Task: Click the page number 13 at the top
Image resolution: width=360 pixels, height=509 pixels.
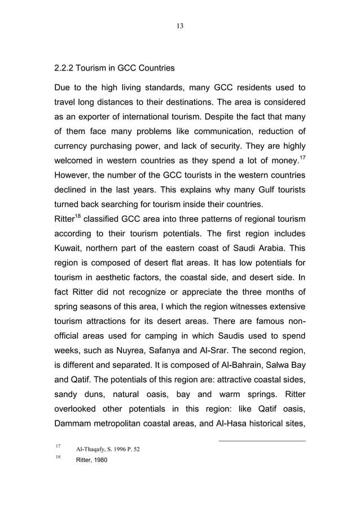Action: [180, 26]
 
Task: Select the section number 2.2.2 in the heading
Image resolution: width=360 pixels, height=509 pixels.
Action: [64, 69]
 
